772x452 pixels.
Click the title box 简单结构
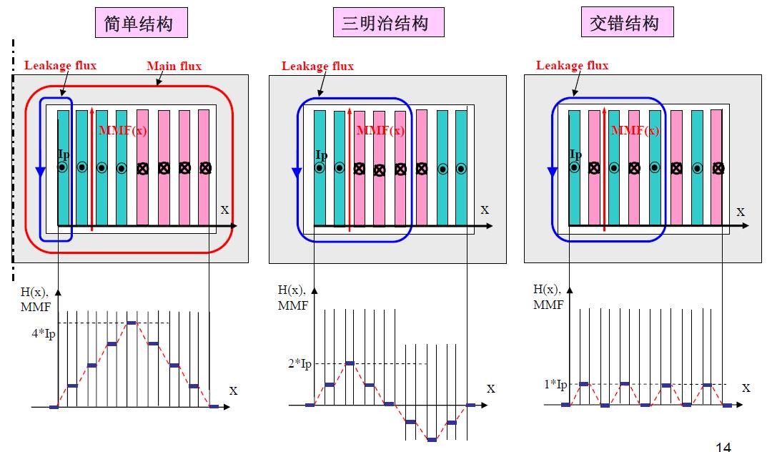pos(142,24)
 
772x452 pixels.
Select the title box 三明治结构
pos(388,24)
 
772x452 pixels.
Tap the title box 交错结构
pos(627,24)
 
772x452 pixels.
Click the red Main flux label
pos(174,67)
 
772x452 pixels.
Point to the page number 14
pos(723,447)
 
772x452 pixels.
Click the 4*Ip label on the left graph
pos(43,333)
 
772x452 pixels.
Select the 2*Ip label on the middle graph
pos(300,364)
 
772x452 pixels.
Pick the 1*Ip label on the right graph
pos(555,385)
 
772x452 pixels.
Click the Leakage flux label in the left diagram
pos(60,65)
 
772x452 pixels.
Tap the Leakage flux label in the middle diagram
pos(317,67)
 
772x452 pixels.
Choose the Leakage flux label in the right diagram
pos(572,66)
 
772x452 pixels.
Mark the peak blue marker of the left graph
pos(132,323)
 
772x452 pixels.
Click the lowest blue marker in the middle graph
pos(431,439)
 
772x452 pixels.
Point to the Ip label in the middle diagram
pos(321,155)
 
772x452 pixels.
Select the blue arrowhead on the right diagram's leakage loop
pos(553,172)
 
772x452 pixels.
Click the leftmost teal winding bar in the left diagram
pos(63,168)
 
